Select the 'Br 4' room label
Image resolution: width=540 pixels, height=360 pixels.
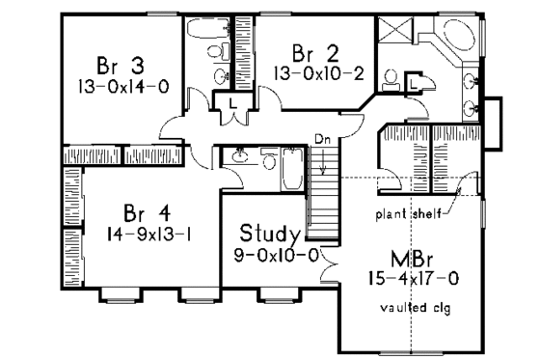point(147,211)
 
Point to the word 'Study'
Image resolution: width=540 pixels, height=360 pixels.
point(269,234)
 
